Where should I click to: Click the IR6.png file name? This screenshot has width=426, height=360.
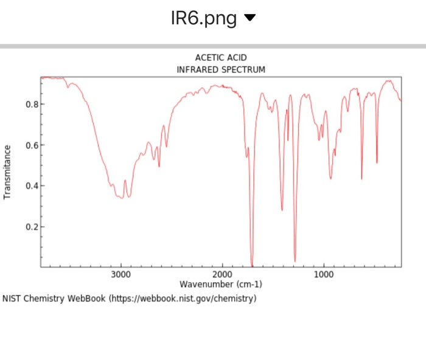pos(204,19)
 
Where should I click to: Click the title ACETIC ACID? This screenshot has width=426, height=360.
pos(221,58)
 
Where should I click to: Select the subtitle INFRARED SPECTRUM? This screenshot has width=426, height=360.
pos(221,69)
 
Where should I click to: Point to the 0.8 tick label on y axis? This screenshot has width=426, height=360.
pos(32,104)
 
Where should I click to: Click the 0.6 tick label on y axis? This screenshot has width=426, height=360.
pos(32,145)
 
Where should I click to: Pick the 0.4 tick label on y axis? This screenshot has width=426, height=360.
pos(32,185)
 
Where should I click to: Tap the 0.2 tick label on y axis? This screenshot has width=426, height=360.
pos(32,227)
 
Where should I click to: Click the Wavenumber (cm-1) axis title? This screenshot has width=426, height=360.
pos(221,284)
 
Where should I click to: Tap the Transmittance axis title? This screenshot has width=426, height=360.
pos(8,172)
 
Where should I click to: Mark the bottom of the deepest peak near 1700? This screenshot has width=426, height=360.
pos(252,263)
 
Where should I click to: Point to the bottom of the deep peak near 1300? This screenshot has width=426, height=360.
pos(295,260)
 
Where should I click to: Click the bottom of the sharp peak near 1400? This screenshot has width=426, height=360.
pos(282,210)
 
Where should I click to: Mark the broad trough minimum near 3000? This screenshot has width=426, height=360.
pos(122,198)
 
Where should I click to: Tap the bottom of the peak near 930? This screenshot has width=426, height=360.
pos(330,178)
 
